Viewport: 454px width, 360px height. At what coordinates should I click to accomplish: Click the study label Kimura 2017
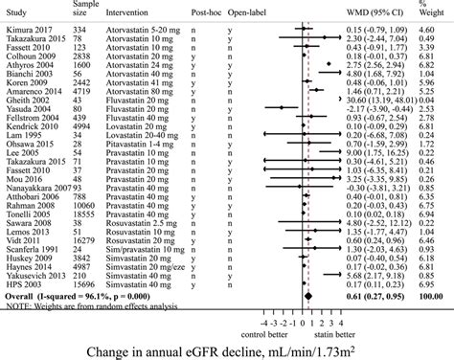point(26,32)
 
